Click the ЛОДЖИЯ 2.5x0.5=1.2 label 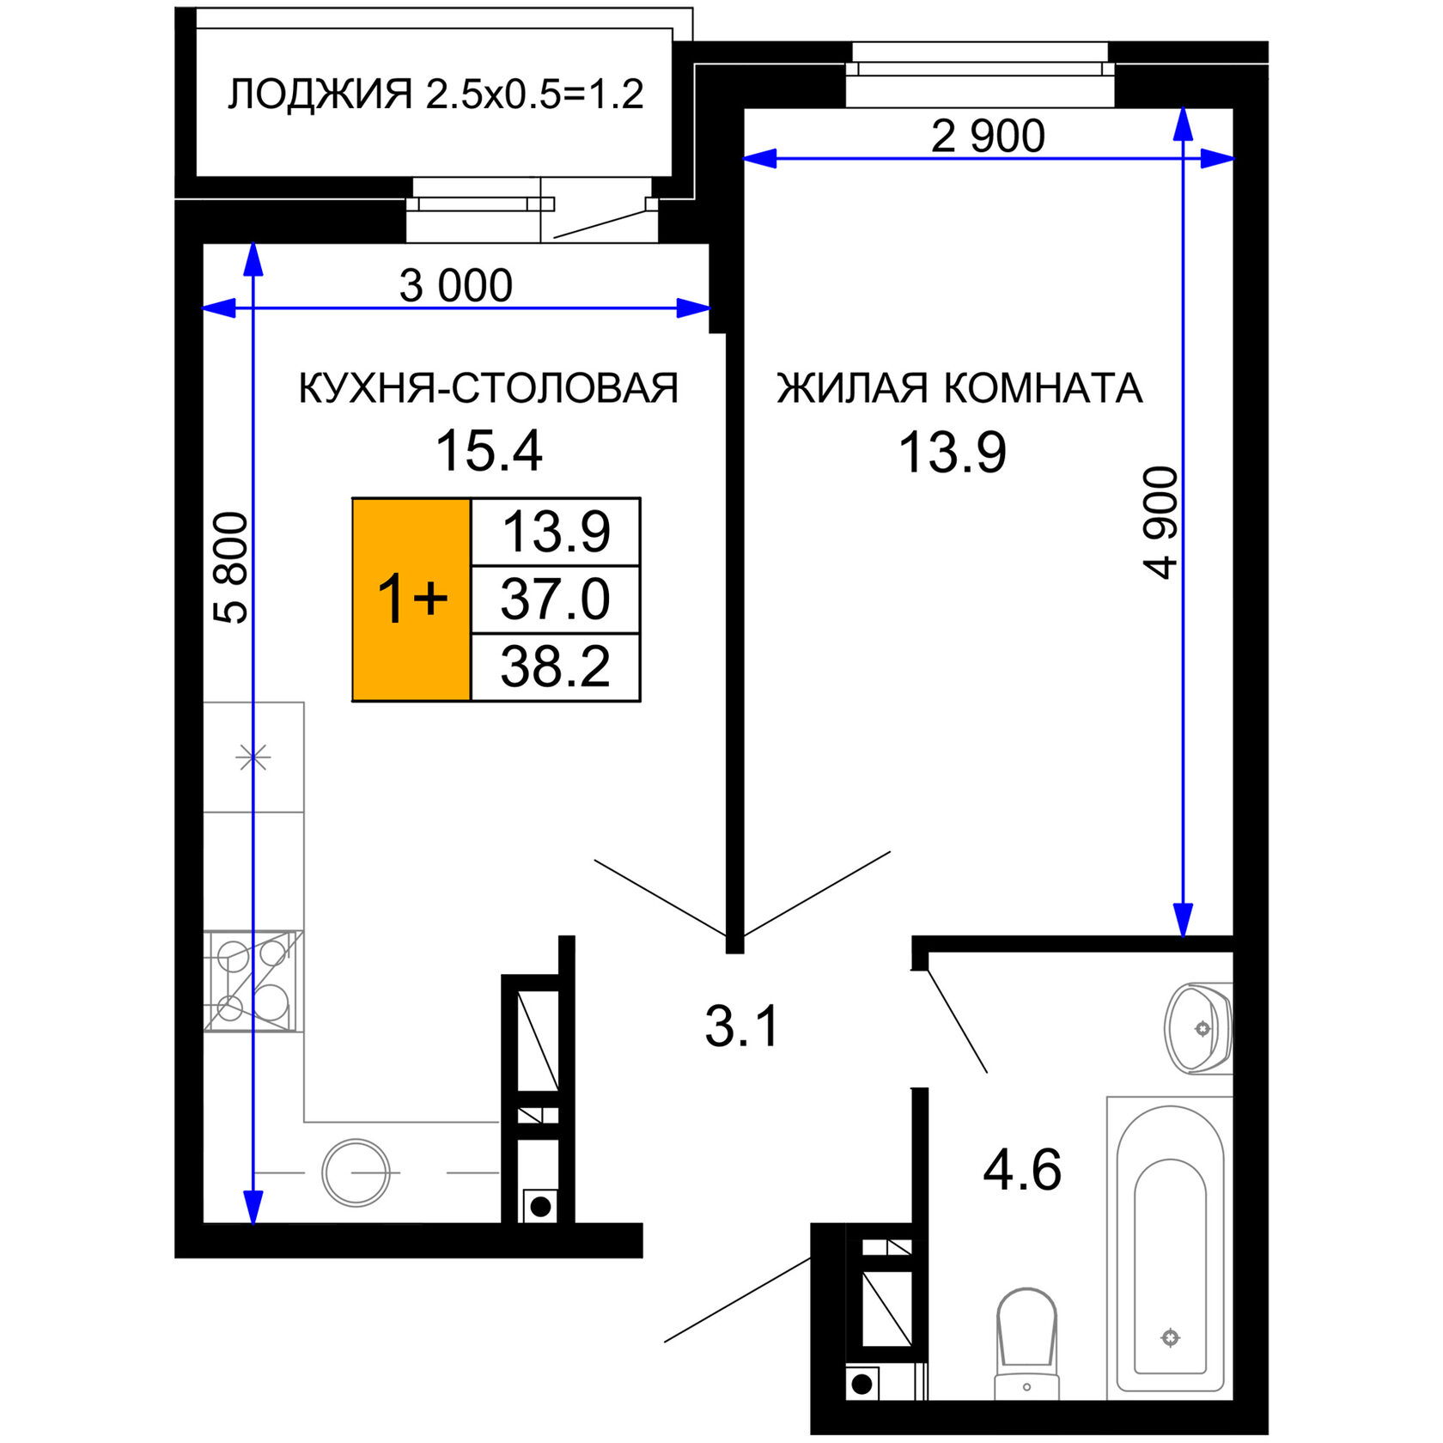435,94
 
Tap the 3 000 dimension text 456,285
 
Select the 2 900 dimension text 988,136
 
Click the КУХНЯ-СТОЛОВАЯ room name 488,388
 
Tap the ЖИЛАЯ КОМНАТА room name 959,388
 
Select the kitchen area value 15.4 489,451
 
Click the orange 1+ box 411,599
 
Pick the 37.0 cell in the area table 556,600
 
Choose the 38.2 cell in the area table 556,667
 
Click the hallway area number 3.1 741,1026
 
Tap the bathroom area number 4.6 1022,1170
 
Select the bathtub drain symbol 1170,1337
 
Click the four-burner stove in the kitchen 253,980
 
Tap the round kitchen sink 356,1172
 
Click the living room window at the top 979,76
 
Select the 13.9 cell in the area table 556,532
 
